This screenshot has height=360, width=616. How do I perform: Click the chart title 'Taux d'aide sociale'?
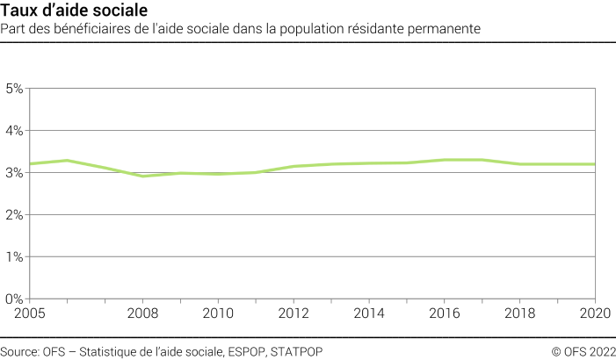point(62,11)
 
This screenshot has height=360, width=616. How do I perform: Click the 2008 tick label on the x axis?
point(142,313)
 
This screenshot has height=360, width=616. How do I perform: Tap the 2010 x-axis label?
point(218,313)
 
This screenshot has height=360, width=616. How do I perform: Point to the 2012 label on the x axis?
point(294,313)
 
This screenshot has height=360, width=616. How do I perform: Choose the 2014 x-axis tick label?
point(369,313)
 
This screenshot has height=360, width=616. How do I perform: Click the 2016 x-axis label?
point(445,313)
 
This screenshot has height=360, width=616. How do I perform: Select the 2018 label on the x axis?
point(520,313)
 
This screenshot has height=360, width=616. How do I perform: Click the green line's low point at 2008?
point(142,176)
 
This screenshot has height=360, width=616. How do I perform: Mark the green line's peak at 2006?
point(67,161)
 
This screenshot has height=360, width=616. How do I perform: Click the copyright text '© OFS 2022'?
point(583,351)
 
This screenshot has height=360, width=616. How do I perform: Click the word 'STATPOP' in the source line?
point(297,351)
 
